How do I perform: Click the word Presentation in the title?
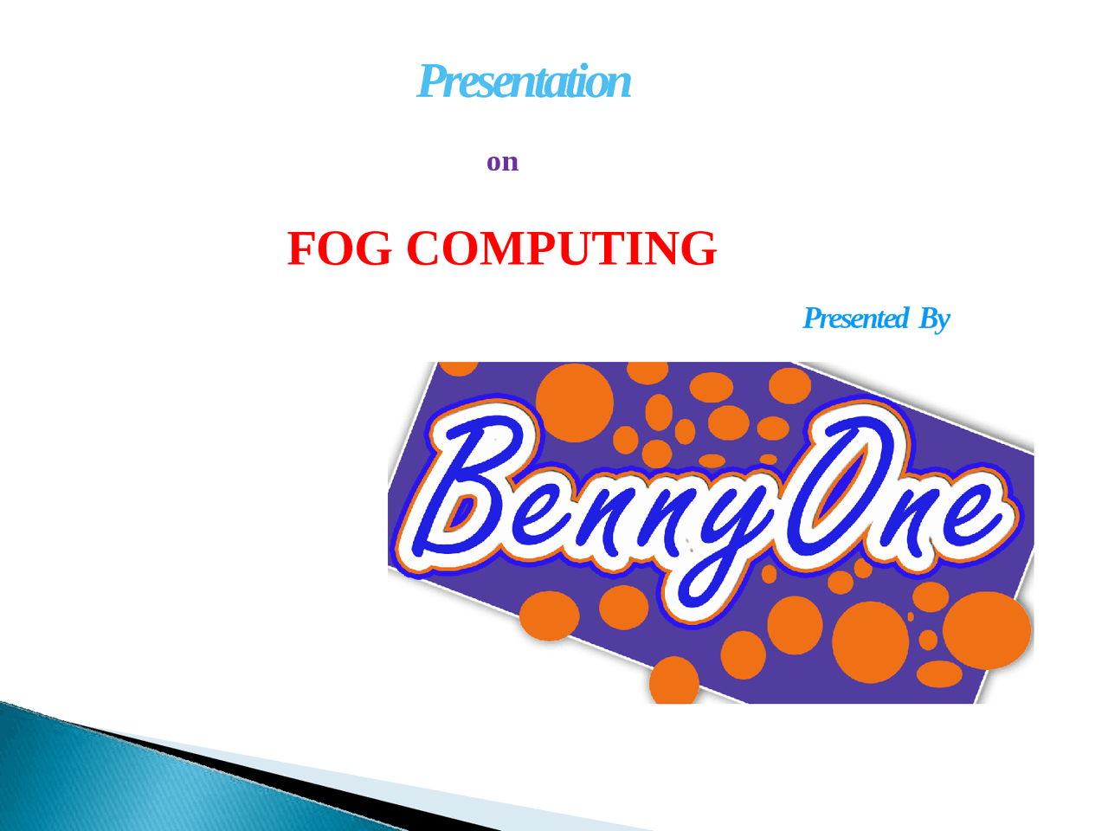tap(524, 82)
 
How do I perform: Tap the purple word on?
tap(502, 162)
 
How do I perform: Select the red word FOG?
tap(338, 248)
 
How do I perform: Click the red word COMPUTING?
tap(561, 248)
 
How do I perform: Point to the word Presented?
tap(855, 319)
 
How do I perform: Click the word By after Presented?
tap(934, 319)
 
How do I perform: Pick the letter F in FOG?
tap(303, 248)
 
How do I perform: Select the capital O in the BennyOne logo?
tap(844, 485)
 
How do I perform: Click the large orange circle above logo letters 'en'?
tap(574, 401)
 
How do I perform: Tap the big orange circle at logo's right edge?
tap(987, 630)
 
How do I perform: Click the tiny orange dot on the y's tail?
tap(768, 574)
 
